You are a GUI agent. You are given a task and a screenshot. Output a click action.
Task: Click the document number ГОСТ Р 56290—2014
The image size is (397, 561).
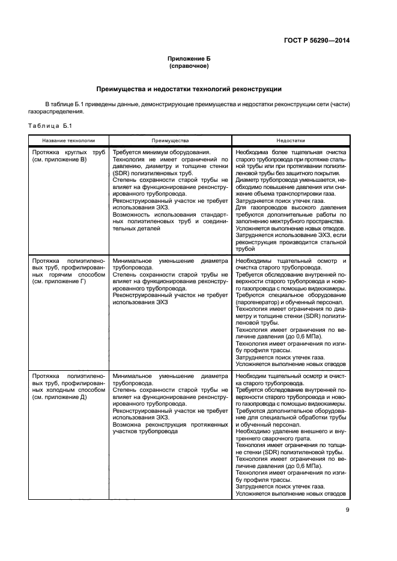point(317,40)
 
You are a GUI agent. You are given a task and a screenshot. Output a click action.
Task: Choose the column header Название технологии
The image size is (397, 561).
point(67,140)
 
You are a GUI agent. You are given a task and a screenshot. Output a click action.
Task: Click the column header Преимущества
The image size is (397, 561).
point(169,140)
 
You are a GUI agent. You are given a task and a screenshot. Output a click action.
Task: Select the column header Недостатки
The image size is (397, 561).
point(291,140)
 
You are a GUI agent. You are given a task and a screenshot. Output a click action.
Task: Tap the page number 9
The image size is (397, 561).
point(347,511)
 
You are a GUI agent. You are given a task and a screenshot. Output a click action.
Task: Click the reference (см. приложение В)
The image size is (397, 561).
point(60,160)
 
